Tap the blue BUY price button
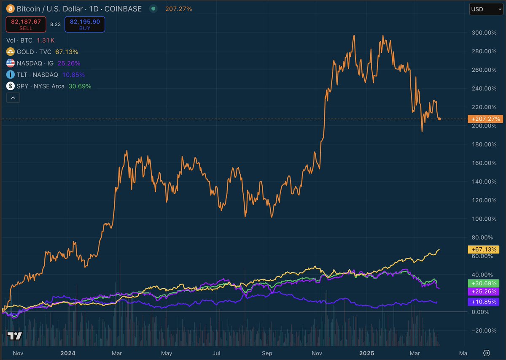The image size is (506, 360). [x=84, y=24]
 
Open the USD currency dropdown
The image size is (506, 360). [x=486, y=9]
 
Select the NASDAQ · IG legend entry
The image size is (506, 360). [x=43, y=63]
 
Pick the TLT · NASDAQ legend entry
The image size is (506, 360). [x=46, y=75]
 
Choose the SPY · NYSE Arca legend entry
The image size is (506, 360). [x=48, y=86]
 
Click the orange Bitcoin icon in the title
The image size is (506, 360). [x=10, y=9]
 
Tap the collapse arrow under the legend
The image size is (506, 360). [x=13, y=98]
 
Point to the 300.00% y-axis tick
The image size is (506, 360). [x=484, y=32]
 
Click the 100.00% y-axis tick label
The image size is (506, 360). [x=484, y=219]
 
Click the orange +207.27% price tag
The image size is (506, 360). [x=485, y=119]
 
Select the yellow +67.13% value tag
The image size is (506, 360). [x=485, y=249]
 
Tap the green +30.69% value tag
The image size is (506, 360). [x=485, y=283]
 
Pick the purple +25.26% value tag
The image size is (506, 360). [x=485, y=292]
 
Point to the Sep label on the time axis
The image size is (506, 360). [x=266, y=353]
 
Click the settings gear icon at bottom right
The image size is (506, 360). [x=486, y=353]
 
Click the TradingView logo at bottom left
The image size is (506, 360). [x=15, y=336]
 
